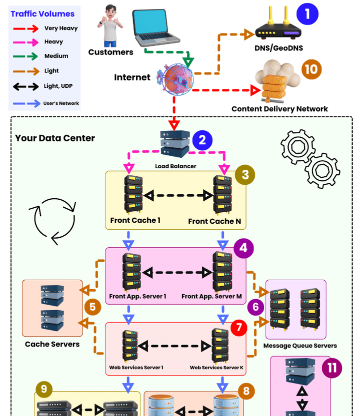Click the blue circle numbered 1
[307, 13]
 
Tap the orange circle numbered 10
[311, 69]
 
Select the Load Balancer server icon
[175, 144]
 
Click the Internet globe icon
[174, 79]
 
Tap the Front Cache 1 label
[135, 220]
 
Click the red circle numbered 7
[238, 328]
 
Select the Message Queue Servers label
[300, 346]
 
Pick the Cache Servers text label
[52, 344]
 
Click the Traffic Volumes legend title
[42, 14]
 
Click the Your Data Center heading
[55, 138]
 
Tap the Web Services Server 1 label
[136, 368]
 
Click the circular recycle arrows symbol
[54, 220]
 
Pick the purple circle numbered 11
[332, 369]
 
